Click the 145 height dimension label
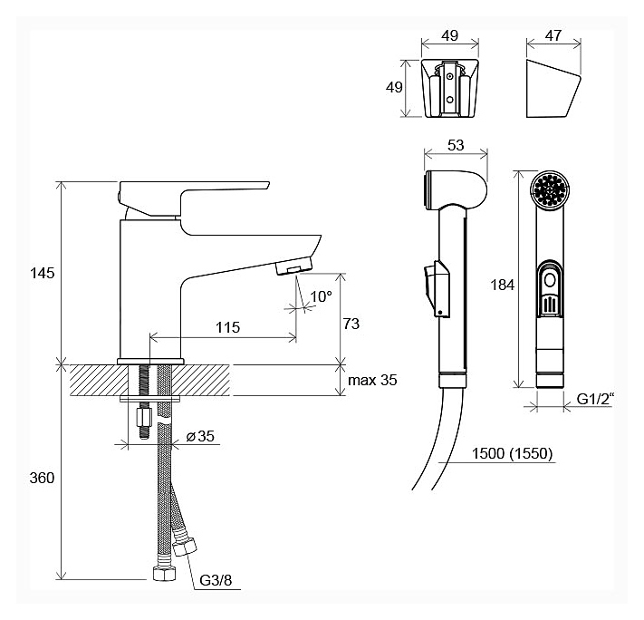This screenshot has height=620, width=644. point(42,273)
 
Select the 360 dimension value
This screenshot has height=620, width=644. point(42,478)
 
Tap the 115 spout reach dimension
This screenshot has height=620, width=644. point(227,327)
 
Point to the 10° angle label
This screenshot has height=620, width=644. point(321,296)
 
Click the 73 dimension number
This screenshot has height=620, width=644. point(351,324)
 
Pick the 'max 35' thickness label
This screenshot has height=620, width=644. point(372,380)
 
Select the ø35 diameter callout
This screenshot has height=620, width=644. point(200,436)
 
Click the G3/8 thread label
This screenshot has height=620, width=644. point(216,580)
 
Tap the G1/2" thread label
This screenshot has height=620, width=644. point(595,399)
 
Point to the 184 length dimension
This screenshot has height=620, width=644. point(503,285)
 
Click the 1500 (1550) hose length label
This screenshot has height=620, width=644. point(512,453)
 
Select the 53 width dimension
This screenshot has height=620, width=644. point(456,145)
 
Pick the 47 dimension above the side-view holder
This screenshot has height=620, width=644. point(553,35)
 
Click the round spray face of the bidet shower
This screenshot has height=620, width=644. point(550,190)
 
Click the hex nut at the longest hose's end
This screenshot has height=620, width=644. point(164,573)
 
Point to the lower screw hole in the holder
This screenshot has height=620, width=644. point(450,100)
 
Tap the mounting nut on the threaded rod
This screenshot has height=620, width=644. point(144,417)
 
